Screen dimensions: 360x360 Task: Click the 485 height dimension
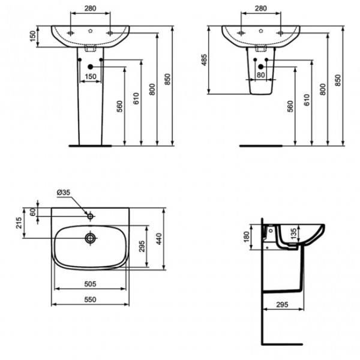pos(204,60)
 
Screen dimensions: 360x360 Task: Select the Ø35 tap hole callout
pos(64,192)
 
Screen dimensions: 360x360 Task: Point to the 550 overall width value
pos(91,298)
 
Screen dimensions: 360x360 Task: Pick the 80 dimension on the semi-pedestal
pos(261,74)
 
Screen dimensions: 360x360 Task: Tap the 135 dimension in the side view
pos(293,233)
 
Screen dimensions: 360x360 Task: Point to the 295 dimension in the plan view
pos(143,247)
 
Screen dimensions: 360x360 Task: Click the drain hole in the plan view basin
pos(91,238)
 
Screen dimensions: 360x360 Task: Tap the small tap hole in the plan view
pos(89,214)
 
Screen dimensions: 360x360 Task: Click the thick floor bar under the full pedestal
pos(90,145)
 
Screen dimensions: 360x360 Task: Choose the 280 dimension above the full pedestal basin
pos(90,9)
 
